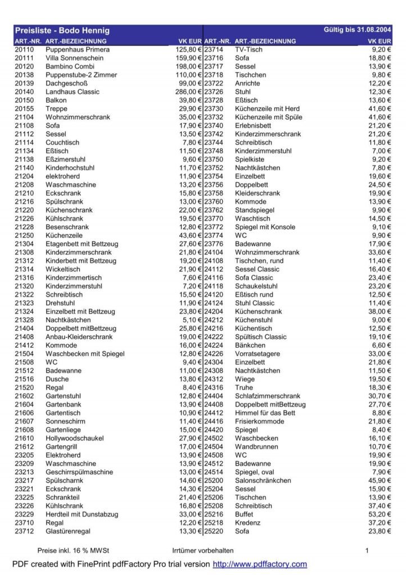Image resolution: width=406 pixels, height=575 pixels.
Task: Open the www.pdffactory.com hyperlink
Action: [260, 564]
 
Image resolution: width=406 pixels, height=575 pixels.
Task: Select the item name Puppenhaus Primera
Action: [78, 49]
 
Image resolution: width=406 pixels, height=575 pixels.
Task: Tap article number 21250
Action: [24, 235]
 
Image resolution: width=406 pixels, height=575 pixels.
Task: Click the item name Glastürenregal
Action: [68, 531]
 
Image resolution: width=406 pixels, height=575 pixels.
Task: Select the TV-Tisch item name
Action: [249, 49]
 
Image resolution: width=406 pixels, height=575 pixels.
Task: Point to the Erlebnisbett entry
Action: [253, 125]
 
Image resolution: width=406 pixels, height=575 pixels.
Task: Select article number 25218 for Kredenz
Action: [213, 522]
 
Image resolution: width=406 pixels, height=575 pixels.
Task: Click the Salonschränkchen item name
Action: [263, 480]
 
